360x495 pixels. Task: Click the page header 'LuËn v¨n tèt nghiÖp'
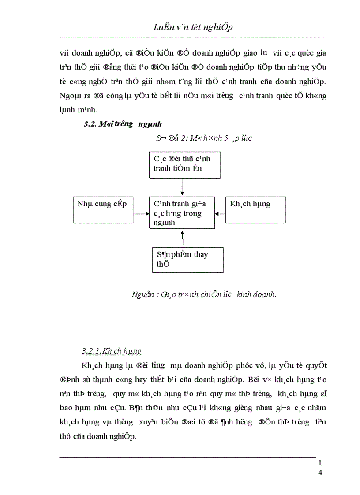[193, 27]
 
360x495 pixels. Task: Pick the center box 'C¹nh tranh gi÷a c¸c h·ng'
[182, 213]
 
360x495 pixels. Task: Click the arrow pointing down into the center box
[182, 188]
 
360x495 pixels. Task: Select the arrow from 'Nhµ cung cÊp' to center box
[141, 214]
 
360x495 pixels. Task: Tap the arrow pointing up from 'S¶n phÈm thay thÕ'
[182, 238]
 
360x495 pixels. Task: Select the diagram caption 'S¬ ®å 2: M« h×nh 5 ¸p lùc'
[204, 138]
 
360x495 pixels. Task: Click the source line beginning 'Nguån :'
[204, 294]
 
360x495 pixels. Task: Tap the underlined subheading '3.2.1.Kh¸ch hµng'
[112, 351]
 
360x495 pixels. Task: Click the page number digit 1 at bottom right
[319, 463]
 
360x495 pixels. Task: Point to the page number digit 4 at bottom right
[319, 473]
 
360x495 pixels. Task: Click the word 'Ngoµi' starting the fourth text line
[69, 95]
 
